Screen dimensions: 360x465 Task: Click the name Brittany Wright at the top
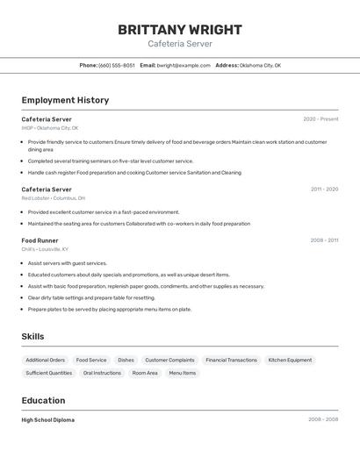(x=180, y=29)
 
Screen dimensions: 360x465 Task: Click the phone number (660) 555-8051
(x=117, y=65)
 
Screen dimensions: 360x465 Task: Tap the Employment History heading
(x=65, y=100)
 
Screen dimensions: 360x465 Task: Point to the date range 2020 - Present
(x=320, y=119)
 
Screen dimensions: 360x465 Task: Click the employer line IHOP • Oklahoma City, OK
(x=50, y=128)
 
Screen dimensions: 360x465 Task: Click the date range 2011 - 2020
(x=324, y=190)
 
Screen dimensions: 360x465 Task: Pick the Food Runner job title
(x=40, y=240)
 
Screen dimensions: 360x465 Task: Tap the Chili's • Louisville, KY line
(x=45, y=249)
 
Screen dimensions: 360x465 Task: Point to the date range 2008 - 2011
(x=324, y=240)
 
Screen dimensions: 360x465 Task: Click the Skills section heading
(x=32, y=336)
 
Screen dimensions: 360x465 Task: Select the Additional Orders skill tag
(x=45, y=360)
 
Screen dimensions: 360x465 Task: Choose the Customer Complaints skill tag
(x=169, y=360)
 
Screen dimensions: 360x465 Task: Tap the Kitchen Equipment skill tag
(x=290, y=360)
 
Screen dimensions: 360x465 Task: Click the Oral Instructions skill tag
(x=102, y=373)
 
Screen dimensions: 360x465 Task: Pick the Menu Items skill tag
(x=183, y=373)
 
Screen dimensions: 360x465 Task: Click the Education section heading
(x=43, y=400)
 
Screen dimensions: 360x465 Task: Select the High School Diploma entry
(x=48, y=420)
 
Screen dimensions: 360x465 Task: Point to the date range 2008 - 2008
(x=323, y=420)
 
